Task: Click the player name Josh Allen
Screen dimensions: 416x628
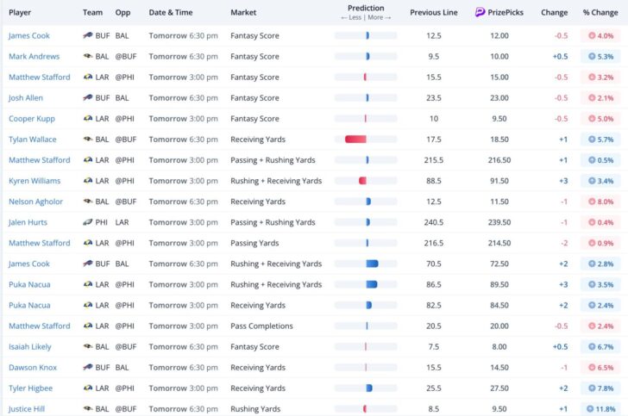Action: click(x=27, y=98)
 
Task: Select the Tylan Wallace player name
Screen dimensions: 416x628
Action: click(x=32, y=140)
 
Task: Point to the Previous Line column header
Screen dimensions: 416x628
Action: click(x=433, y=13)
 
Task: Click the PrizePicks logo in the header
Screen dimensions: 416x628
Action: click(x=480, y=13)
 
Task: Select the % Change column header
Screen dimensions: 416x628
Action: click(x=600, y=13)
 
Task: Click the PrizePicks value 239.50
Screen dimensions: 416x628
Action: click(x=499, y=222)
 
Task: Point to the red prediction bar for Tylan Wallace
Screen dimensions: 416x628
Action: click(x=355, y=140)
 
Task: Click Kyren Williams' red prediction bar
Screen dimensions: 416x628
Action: click(x=363, y=181)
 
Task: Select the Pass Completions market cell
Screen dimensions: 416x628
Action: click(x=261, y=326)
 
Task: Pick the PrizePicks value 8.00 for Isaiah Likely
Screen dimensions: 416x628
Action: click(x=499, y=347)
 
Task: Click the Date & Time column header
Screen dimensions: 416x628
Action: click(x=169, y=13)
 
